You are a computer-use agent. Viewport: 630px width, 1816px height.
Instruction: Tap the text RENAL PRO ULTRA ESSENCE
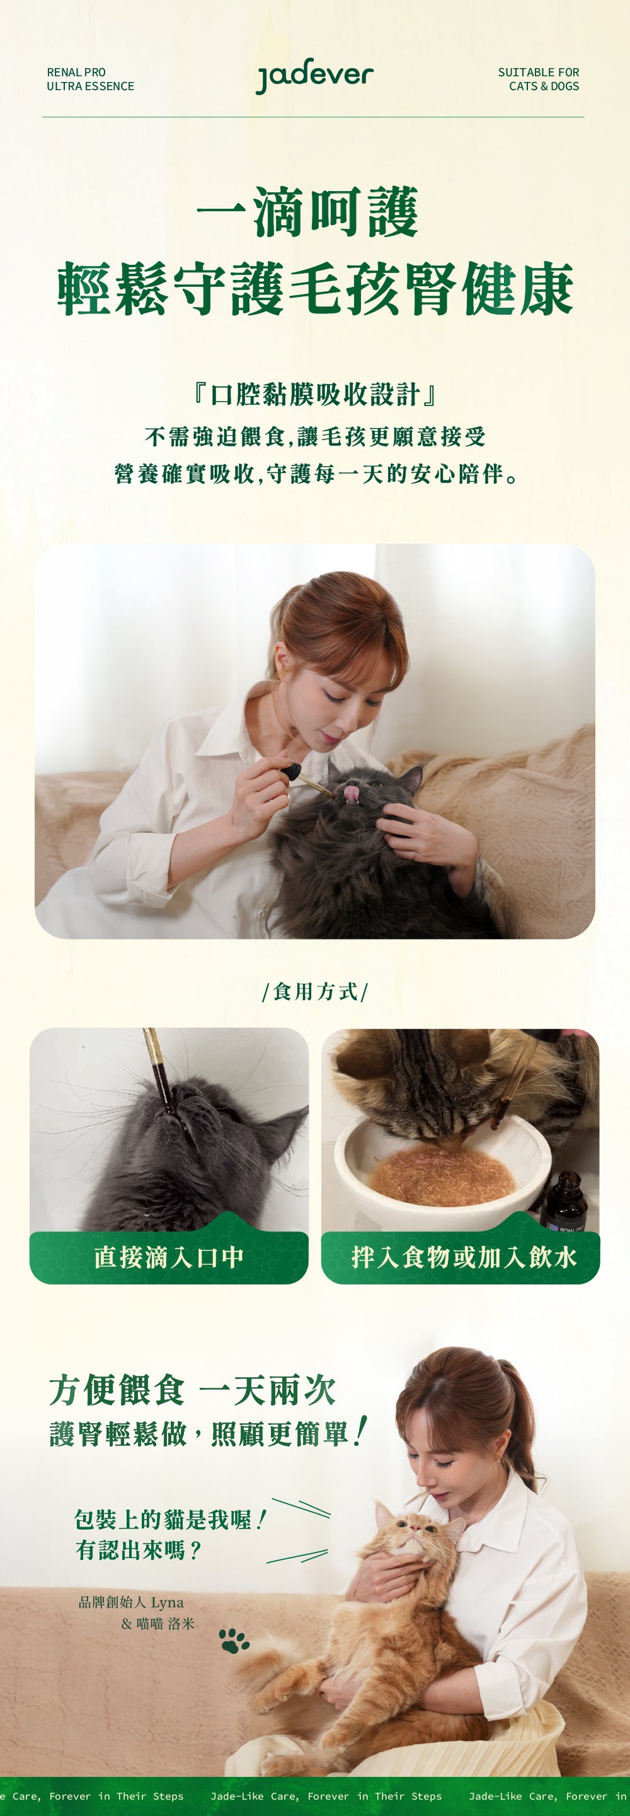point(90,79)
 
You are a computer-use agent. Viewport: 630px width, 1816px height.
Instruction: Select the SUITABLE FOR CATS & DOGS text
point(539,79)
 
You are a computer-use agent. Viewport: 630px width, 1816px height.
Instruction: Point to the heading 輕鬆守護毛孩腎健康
point(315,289)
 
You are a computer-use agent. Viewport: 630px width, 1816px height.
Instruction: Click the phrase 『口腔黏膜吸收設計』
point(315,394)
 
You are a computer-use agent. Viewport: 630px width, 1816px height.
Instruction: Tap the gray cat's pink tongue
point(350,794)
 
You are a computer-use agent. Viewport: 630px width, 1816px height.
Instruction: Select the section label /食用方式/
point(315,992)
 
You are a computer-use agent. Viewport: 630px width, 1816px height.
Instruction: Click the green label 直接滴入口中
point(169,1257)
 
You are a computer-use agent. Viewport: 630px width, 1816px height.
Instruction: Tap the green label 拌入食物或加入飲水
point(463,1257)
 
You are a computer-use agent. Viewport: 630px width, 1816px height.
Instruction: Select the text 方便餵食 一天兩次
point(192,1390)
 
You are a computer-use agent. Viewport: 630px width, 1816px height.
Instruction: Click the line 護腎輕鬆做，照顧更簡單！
point(208,1433)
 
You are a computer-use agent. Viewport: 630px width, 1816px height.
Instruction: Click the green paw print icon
point(234,1641)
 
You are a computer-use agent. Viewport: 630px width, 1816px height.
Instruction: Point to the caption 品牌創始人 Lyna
point(131,1603)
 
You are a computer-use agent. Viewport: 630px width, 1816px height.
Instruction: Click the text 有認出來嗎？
point(139,1551)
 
